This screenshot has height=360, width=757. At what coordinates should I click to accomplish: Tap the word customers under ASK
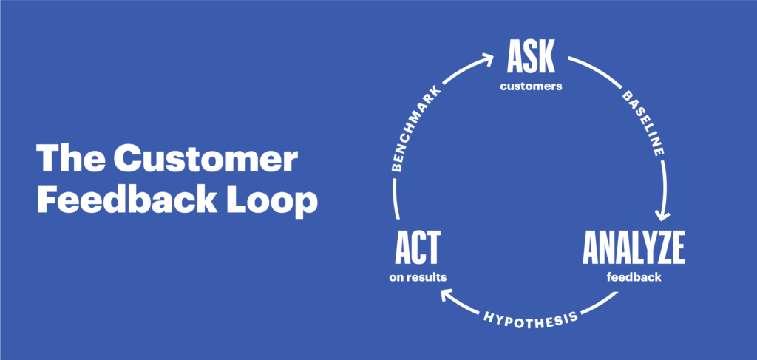[x=531, y=87]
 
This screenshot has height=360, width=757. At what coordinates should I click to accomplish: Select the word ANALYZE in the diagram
[x=634, y=248]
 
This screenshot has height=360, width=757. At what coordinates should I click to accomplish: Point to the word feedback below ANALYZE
[x=634, y=277]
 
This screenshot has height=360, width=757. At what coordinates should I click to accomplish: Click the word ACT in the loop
[x=418, y=248]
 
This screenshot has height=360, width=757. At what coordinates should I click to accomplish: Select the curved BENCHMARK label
[x=416, y=129]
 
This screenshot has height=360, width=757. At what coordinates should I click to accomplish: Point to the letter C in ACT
[x=418, y=248]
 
